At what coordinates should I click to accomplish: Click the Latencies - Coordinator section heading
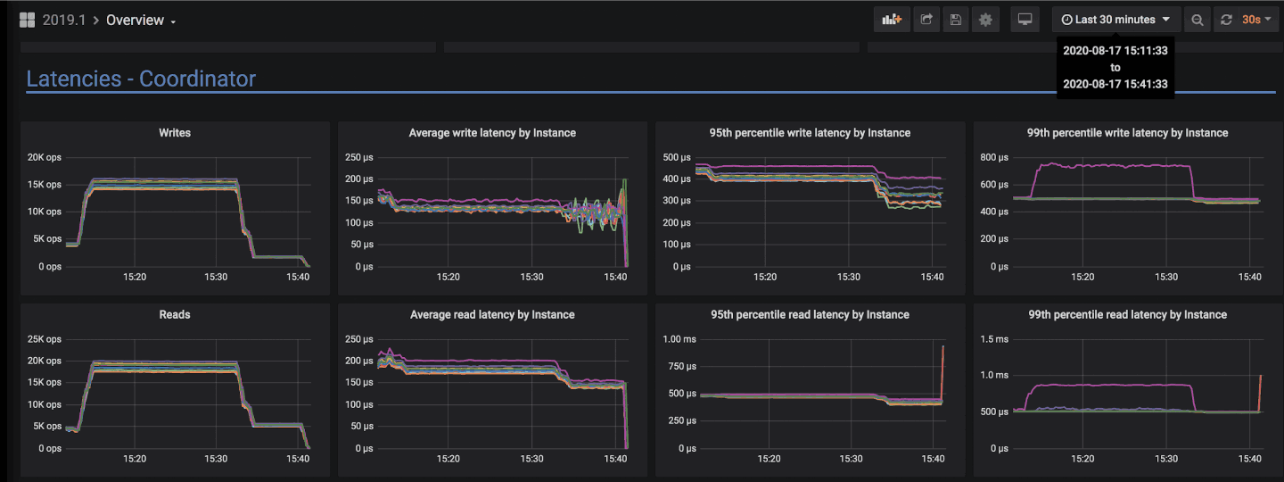tap(141, 79)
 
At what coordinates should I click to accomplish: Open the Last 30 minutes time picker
tap(1115, 20)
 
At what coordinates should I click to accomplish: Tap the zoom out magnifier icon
tap(1198, 20)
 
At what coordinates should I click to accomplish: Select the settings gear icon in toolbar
tap(985, 20)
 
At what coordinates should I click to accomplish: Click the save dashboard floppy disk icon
tap(956, 20)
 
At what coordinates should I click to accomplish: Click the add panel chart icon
tap(892, 20)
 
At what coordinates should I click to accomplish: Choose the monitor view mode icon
tap(1025, 20)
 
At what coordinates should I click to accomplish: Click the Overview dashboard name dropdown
tap(140, 21)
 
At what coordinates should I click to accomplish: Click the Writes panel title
tap(175, 133)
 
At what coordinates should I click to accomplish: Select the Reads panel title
tap(175, 315)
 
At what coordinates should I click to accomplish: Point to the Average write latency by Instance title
tap(492, 133)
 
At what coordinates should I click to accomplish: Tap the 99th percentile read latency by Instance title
tap(1127, 315)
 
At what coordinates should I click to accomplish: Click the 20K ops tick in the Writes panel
tap(44, 158)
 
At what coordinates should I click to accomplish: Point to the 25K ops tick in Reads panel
tap(44, 340)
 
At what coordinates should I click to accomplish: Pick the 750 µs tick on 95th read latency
tap(681, 367)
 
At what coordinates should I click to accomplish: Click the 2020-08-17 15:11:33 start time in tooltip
tap(1115, 51)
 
